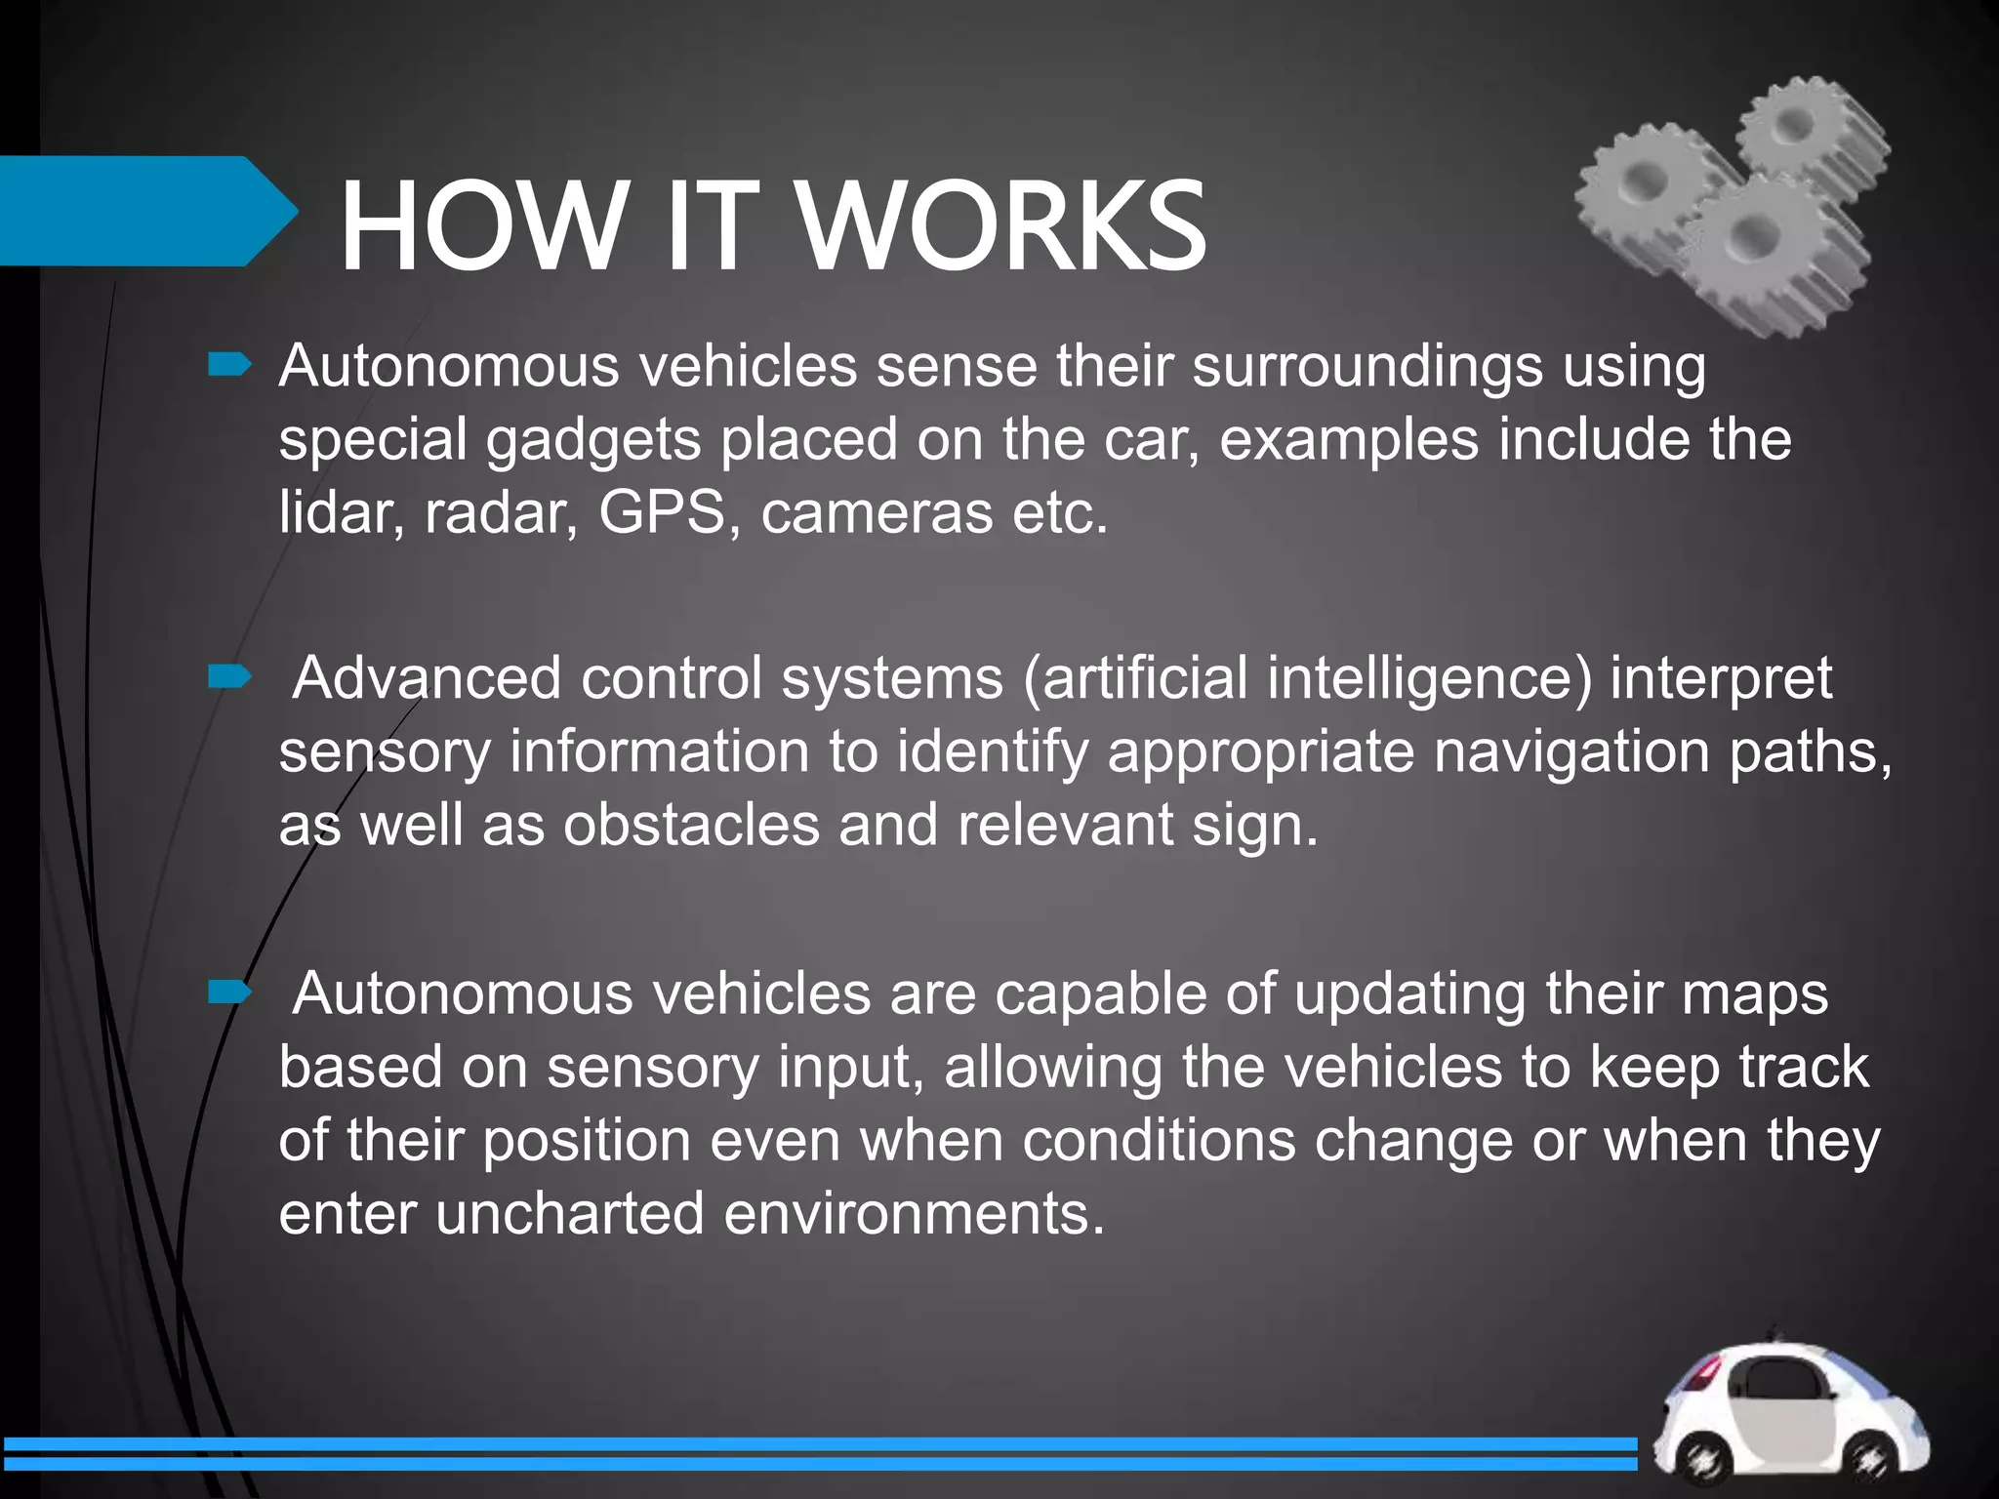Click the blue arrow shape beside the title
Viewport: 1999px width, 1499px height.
[x=146, y=211]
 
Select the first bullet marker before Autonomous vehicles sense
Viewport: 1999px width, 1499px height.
[x=230, y=366]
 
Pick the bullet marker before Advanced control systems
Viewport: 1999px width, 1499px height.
[x=230, y=676]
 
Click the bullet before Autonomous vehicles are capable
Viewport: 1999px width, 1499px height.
[x=230, y=993]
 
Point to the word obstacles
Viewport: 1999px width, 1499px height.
[x=691, y=825]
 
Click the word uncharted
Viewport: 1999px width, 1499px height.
[x=570, y=1213]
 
